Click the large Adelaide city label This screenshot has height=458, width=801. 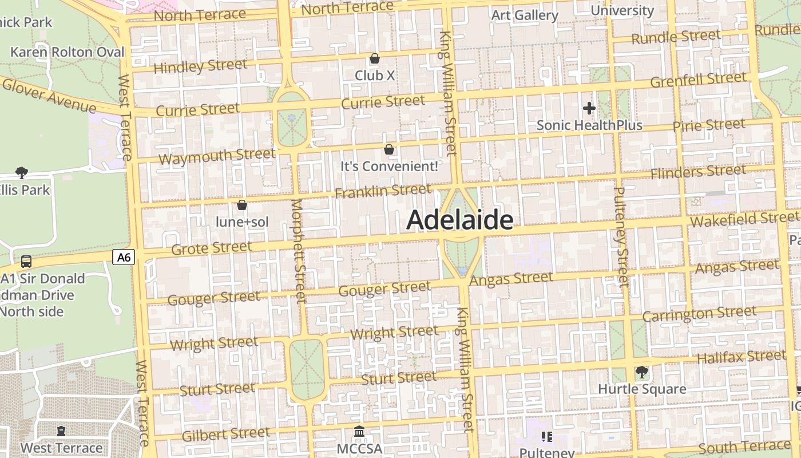pyautogui.click(x=459, y=220)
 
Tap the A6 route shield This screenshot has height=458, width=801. pyautogui.click(x=124, y=258)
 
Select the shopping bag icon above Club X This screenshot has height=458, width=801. pyautogui.click(x=375, y=58)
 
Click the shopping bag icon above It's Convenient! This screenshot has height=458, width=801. pyautogui.click(x=389, y=149)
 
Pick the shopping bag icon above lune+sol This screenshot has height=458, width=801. pyautogui.click(x=242, y=205)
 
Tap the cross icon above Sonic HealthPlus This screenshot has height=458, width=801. pyautogui.click(x=589, y=108)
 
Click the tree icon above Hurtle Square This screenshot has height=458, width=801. pyautogui.click(x=642, y=372)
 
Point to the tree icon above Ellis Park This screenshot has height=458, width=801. pyautogui.click(x=22, y=172)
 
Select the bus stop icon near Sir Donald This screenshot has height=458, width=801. pyautogui.click(x=26, y=262)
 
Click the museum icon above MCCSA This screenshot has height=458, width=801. pyautogui.click(x=359, y=431)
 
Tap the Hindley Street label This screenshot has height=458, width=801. pyautogui.click(x=200, y=66)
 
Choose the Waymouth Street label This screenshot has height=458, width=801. pyautogui.click(x=217, y=156)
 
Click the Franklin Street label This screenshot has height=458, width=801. pyautogui.click(x=383, y=191)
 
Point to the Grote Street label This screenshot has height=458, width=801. pyautogui.click(x=212, y=248)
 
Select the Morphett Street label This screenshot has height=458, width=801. pyautogui.click(x=298, y=250)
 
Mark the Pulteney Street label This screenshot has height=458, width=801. pyautogui.click(x=621, y=236)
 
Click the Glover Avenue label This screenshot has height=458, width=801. pyautogui.click(x=49, y=95)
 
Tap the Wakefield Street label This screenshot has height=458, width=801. pyautogui.click(x=744, y=219)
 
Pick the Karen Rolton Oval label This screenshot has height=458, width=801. pyautogui.click(x=68, y=52)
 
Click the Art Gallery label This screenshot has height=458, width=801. pyautogui.click(x=525, y=15)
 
